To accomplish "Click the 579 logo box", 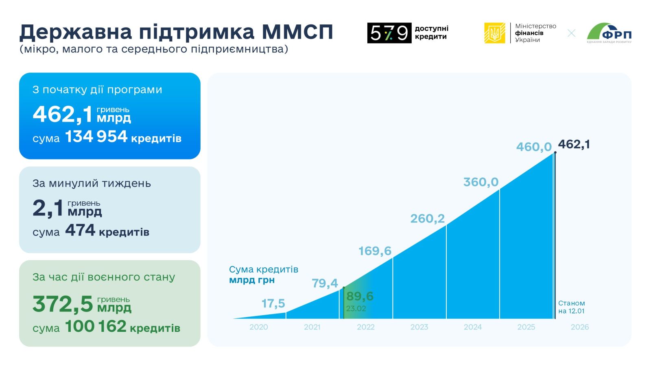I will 389,33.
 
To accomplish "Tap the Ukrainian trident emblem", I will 495,33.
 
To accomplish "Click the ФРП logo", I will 609,33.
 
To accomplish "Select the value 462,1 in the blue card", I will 63,114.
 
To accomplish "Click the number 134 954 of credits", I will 96,137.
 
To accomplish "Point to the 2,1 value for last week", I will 48,208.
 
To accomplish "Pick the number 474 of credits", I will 80,231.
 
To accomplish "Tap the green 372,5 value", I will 63,304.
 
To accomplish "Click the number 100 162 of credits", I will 96,327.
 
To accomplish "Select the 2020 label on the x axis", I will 259,327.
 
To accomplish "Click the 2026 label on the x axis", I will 580,327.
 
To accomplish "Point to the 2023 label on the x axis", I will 419,327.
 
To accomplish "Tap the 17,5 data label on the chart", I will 273,304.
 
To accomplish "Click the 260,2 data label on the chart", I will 427,219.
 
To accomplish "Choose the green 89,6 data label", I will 360,296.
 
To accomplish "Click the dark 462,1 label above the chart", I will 574,144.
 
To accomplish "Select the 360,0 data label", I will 481,182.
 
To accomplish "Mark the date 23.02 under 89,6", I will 356,309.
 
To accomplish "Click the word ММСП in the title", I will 297,32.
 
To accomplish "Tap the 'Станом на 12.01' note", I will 571,307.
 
